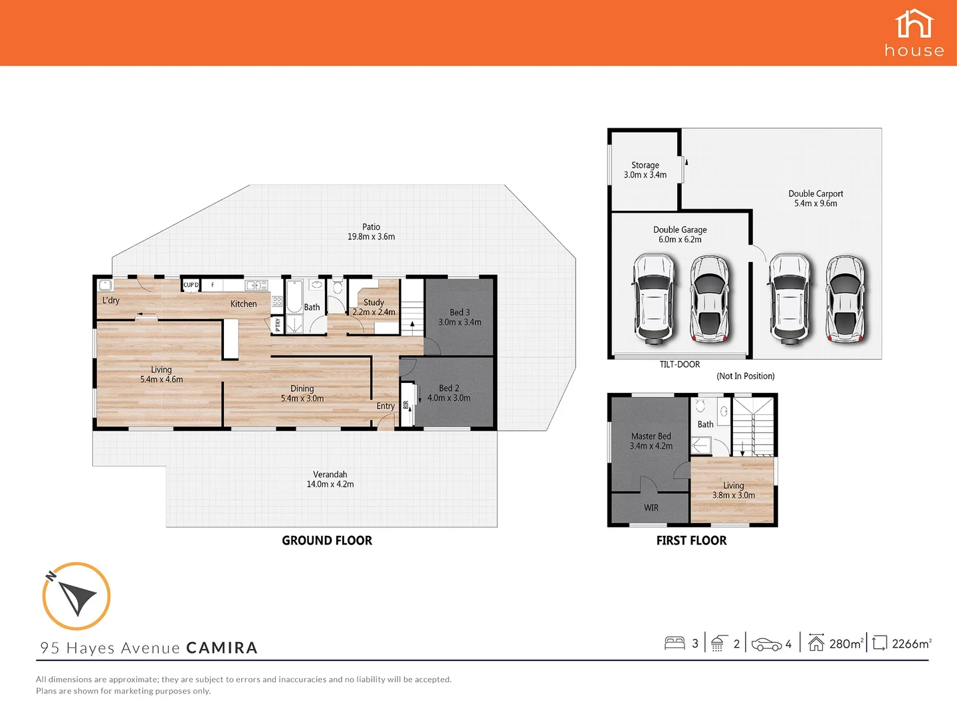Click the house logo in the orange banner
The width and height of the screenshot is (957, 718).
[914, 33]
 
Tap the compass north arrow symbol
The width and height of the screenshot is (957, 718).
[76, 596]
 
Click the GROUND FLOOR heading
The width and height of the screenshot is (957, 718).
[327, 540]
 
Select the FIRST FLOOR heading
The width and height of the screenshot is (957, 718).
[691, 540]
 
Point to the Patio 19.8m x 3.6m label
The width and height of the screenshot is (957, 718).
[371, 232]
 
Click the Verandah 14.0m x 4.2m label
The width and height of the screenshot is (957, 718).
[330, 479]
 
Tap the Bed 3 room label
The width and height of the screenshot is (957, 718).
[460, 317]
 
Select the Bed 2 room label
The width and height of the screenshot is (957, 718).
[449, 393]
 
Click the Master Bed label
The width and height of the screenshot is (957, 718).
[651, 441]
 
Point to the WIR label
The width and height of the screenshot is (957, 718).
[651, 508]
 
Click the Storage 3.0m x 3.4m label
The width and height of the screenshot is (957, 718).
[645, 170]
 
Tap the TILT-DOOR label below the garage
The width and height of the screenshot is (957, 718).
[679, 364]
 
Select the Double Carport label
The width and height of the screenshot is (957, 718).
[815, 199]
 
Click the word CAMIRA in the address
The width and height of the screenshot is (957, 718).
[222, 648]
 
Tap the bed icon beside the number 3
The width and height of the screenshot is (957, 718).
[675, 643]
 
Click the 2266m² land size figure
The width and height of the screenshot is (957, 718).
[911, 644]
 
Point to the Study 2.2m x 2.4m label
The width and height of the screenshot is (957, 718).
[373, 307]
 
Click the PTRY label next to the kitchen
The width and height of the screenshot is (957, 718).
[278, 324]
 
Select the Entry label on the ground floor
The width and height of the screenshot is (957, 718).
[385, 406]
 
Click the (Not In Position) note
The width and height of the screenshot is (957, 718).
[745, 376]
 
